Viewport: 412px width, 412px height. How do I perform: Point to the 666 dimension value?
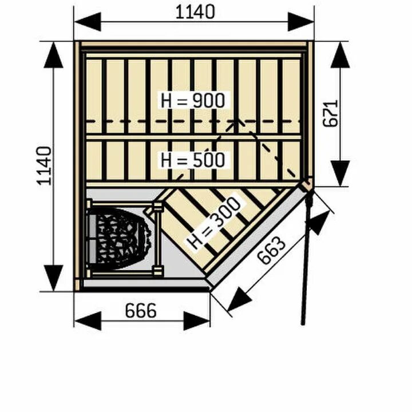tap(140, 311)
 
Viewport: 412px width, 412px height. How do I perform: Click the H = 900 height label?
tap(193, 100)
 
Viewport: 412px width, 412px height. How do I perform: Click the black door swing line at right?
tap(305, 257)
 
